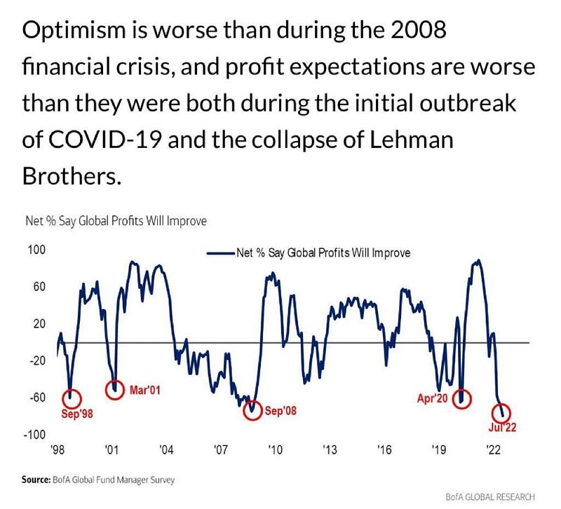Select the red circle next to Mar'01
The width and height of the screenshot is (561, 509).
click(106, 390)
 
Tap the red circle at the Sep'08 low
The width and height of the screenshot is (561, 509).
click(243, 410)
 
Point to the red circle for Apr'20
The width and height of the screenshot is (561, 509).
click(453, 398)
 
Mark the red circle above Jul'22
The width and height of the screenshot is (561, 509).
click(492, 413)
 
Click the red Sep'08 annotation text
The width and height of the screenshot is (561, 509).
click(280, 411)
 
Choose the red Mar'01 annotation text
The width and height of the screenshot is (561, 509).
click(144, 390)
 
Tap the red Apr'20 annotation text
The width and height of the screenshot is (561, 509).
click(432, 398)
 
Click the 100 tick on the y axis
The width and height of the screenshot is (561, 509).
click(37, 250)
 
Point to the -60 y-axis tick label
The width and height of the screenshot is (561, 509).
click(37, 398)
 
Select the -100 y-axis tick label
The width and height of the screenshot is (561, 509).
click(34, 435)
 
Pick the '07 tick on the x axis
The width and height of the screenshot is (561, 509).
click(220, 449)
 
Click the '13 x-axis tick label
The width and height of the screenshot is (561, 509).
click(330, 449)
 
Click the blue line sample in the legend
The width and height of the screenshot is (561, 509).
click(221, 253)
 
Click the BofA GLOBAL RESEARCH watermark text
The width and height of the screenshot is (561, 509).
click(490, 497)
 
